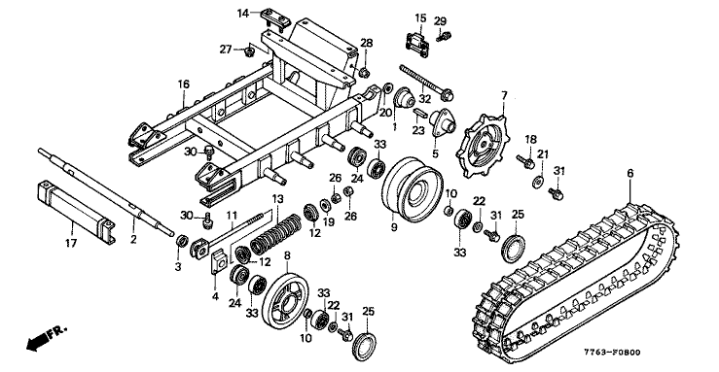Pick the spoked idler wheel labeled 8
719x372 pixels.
(285, 300)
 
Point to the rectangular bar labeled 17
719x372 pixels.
(74, 211)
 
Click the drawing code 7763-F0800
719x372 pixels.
(612, 353)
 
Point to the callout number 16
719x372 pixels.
(184, 85)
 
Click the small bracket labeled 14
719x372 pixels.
(274, 18)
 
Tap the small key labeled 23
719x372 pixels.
(420, 113)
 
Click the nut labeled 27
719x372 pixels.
(249, 51)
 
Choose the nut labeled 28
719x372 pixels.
(365, 72)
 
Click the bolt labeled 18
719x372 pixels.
(524, 161)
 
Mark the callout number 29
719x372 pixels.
(440, 21)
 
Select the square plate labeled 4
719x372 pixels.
(219, 262)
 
